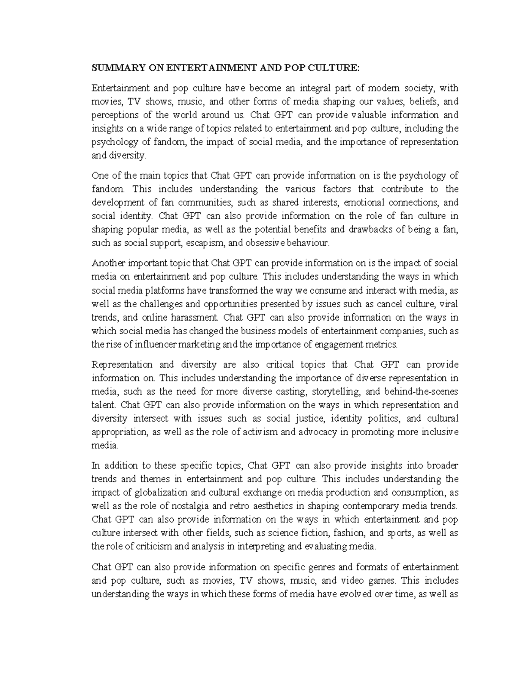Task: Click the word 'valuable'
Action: pos(367,115)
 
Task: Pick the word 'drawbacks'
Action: pos(381,229)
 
